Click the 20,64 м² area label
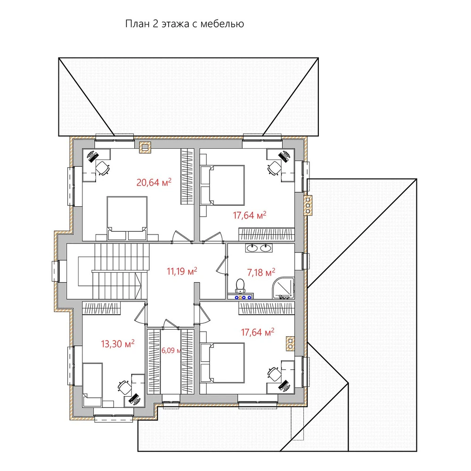(x=154, y=182)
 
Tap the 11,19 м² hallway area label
(x=182, y=271)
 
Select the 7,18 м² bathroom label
(x=261, y=272)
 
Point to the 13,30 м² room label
(x=117, y=344)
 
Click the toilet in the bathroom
(x=240, y=286)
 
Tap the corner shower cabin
(x=283, y=288)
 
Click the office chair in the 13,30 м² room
(x=124, y=387)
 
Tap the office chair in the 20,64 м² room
(x=102, y=168)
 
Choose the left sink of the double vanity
(x=252, y=248)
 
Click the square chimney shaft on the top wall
(x=145, y=147)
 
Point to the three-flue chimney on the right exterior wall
(x=308, y=205)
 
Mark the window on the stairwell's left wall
(x=55, y=271)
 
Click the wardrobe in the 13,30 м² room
(x=101, y=308)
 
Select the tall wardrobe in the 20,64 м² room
(x=187, y=177)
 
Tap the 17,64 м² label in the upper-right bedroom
(x=250, y=215)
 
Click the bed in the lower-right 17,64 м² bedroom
(x=223, y=363)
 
